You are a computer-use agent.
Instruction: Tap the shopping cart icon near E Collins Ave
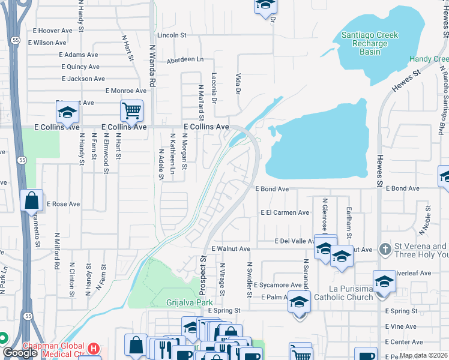click(131, 110)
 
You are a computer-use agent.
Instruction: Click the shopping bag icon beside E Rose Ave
click(31, 200)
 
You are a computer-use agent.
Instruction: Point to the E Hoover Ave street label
click(52, 31)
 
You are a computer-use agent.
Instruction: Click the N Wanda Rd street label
click(152, 66)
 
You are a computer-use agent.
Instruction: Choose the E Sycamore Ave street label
click(277, 285)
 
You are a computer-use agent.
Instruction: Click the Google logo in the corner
click(20, 353)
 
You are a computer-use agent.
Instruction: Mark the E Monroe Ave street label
click(125, 91)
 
